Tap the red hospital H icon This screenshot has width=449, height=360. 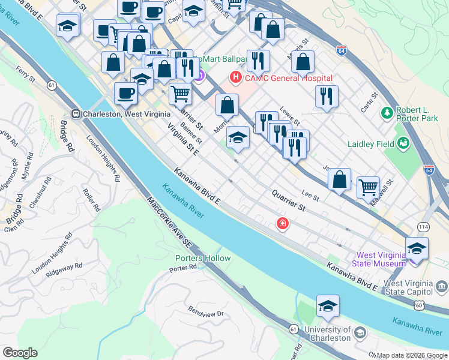tap(236, 77)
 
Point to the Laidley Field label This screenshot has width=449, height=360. tap(371, 144)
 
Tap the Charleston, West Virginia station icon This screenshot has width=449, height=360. tap(76, 113)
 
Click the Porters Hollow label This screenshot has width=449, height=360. tap(203, 258)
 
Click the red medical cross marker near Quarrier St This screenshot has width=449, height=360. tap(282, 224)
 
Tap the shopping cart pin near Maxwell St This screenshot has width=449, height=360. tap(368, 187)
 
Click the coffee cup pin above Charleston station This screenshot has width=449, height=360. tap(126, 93)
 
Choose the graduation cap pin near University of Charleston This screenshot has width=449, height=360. tap(328, 307)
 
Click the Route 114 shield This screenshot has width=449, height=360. tap(424, 226)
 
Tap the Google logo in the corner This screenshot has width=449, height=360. tap(20, 353)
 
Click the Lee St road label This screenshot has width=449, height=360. tap(310, 195)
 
